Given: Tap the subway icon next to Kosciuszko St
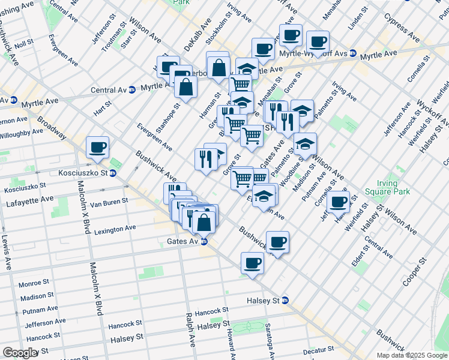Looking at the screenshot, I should (x=113, y=173).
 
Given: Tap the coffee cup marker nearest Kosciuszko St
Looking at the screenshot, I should (x=98, y=147).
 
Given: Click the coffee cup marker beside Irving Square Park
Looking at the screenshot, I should (x=339, y=202).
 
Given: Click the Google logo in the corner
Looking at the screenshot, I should (x=20, y=353).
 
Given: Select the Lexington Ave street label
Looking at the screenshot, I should (x=115, y=229).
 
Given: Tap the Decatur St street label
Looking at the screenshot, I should (x=318, y=350).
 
